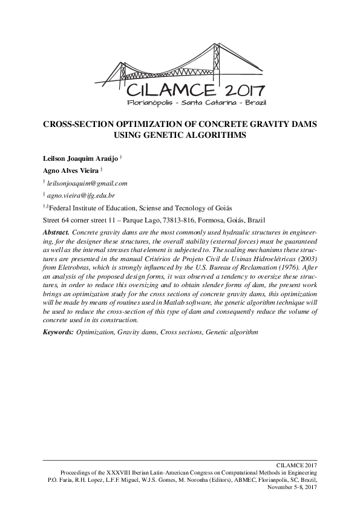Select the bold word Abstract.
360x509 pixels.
(56, 232)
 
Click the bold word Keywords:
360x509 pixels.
(58, 332)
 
